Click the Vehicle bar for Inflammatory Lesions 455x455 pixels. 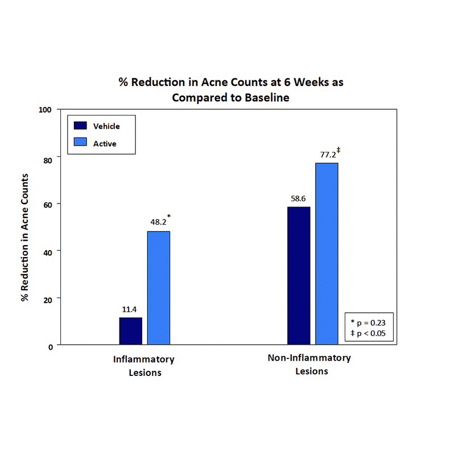[130, 331]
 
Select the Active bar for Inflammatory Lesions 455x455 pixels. [159, 288]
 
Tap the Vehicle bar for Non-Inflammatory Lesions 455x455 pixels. [299, 276]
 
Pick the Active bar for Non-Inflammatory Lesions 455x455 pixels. [327, 254]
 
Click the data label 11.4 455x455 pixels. [130, 310]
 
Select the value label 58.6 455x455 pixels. [299, 199]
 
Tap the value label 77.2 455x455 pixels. [326, 155]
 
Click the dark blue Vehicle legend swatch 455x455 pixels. [80, 126]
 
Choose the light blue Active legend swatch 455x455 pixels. [80, 143]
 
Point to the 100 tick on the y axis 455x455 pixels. [45, 109]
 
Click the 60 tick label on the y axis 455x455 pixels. [47, 204]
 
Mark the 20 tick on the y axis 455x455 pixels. [47, 299]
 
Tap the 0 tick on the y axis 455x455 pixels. [50, 346]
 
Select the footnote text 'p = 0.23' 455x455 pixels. [371, 322]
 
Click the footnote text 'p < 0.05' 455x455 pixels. [371, 333]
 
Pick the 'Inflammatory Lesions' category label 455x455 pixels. [144, 366]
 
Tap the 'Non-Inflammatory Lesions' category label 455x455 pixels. [309, 365]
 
